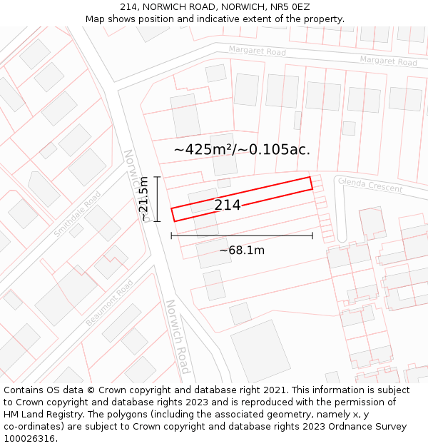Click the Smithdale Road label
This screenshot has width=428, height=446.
[77, 213]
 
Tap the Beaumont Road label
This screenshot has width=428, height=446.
[110, 303]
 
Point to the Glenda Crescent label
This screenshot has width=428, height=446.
[370, 186]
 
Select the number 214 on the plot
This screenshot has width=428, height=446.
[228, 206]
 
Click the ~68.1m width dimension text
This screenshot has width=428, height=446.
[242, 250]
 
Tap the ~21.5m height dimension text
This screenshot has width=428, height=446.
[143, 198]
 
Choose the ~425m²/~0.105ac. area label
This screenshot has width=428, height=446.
[242, 150]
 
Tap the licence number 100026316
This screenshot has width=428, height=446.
[31, 439]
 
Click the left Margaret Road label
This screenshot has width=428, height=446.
[257, 51]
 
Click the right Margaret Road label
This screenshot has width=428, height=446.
[388, 61]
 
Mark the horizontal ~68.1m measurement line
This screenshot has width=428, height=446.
[242, 235]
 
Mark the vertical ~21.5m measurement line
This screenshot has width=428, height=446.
[157, 198]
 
